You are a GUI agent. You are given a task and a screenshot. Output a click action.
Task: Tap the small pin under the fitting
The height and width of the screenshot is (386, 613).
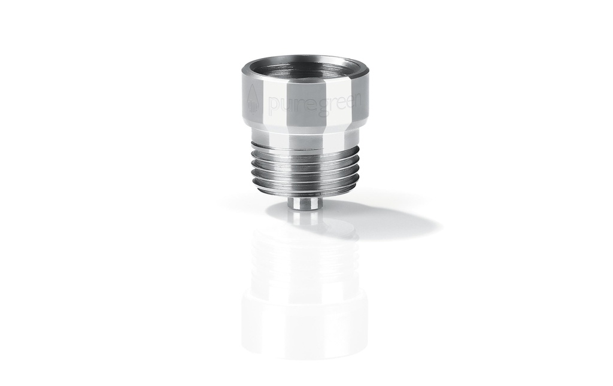(x=302, y=205)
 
